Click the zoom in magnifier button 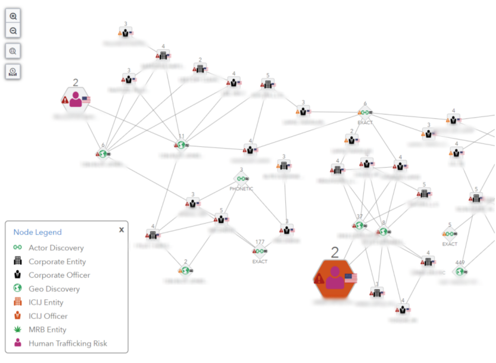click(13, 16)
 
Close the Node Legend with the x click(122, 230)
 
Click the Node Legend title click(37, 232)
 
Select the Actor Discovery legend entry click(56, 248)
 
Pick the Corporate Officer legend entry click(59, 275)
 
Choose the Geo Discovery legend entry click(54, 289)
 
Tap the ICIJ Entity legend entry click(46, 302)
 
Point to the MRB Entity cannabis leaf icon click(17, 330)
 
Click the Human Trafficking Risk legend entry click(67, 343)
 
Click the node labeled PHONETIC click(241, 179)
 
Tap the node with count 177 click(260, 251)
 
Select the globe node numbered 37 click(359, 225)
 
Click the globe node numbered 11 click(181, 144)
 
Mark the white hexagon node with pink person click(76, 99)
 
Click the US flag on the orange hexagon click(351, 278)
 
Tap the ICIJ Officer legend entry click(48, 316)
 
